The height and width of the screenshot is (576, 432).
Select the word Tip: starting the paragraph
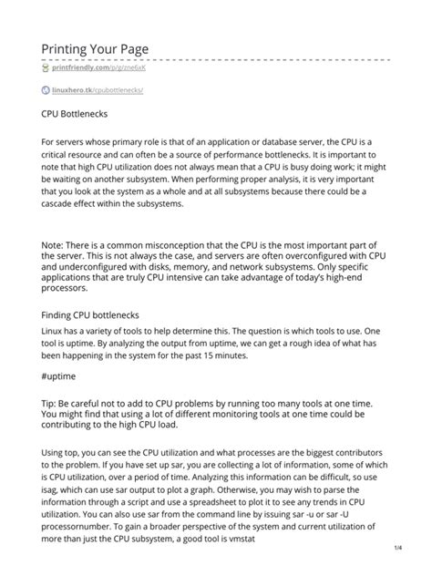(52, 397)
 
